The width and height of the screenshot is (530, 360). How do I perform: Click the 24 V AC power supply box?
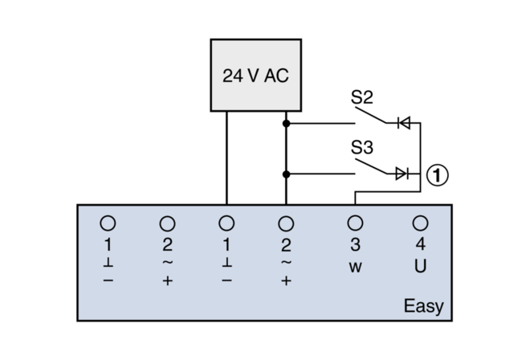pyautogui.click(x=255, y=75)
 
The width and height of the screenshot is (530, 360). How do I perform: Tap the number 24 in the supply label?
pyautogui.click(x=231, y=76)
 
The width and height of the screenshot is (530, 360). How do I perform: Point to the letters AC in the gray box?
pyautogui.click(x=275, y=76)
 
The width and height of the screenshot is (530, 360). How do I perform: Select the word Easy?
pyautogui.click(x=422, y=307)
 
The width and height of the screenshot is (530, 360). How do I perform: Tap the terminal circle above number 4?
pyautogui.click(x=420, y=223)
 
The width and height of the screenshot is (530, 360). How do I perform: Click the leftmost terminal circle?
pyautogui.click(x=108, y=223)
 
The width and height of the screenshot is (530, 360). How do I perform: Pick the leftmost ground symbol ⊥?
pyautogui.click(x=108, y=263)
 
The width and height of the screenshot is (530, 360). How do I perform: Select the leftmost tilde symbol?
pyautogui.click(x=168, y=262)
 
